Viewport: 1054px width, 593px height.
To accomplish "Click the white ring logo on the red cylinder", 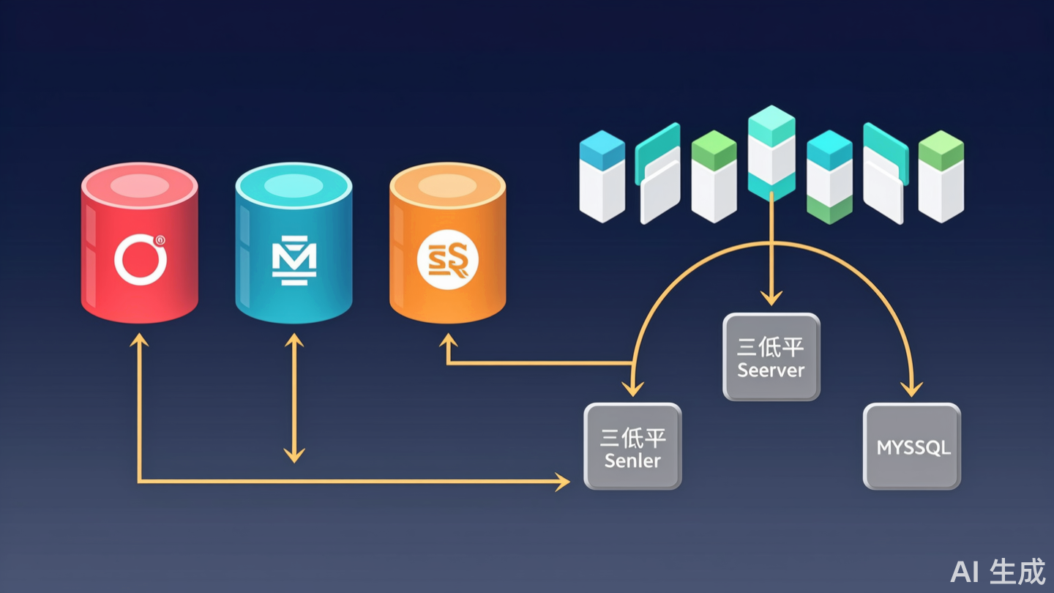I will click(141, 259).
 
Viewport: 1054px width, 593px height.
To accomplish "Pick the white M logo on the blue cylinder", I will click(294, 260).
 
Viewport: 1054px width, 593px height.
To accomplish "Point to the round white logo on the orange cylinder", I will click(447, 261).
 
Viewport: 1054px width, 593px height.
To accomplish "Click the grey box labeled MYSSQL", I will click(912, 446).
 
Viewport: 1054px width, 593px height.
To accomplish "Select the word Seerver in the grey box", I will click(771, 370).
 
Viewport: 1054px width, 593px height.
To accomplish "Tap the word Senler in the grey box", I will click(632, 461).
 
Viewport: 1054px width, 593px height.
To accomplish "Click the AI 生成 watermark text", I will click(998, 571).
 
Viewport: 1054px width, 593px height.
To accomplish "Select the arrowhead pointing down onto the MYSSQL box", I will click(912, 389).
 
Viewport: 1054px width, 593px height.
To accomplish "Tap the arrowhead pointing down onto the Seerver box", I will click(771, 299).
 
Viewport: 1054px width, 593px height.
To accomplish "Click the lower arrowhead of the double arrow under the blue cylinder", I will click(294, 456).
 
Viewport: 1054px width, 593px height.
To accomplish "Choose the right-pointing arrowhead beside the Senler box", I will click(563, 481).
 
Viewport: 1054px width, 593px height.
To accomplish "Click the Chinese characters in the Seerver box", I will click(771, 346).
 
